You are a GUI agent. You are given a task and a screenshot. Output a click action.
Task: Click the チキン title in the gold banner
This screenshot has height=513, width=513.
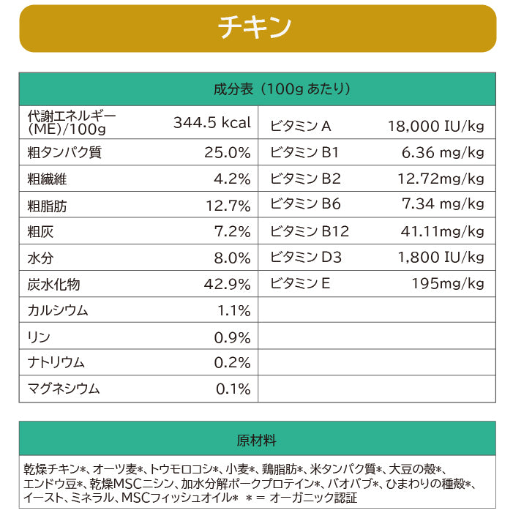click(x=255, y=28)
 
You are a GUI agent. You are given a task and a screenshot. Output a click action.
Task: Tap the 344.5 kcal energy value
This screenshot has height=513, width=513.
click(x=211, y=123)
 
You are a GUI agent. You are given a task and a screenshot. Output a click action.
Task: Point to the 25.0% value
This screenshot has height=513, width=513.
click(x=228, y=153)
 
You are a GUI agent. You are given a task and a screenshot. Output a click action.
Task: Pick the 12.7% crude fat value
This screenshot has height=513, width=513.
click(x=228, y=206)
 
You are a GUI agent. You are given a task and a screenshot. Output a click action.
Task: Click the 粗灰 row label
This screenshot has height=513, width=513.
click(x=40, y=232)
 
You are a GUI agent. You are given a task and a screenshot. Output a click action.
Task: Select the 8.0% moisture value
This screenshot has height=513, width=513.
click(x=232, y=258)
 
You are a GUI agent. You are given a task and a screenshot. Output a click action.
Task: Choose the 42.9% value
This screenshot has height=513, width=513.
click(x=228, y=285)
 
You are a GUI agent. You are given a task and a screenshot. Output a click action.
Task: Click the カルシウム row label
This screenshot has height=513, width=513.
click(x=58, y=310)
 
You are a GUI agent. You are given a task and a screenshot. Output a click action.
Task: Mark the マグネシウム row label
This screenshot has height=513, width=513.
click(x=64, y=389)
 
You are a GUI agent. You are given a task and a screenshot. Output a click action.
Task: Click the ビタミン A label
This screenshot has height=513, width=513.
click(x=301, y=126)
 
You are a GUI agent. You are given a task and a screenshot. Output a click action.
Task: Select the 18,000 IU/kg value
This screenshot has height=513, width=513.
click(x=435, y=126)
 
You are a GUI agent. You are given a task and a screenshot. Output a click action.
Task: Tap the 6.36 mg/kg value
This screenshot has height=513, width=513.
click(x=443, y=153)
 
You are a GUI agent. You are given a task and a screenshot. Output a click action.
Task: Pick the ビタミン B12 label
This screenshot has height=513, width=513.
click(x=310, y=231)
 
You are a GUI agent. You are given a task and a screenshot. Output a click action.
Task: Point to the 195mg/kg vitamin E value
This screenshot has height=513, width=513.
click(x=447, y=283)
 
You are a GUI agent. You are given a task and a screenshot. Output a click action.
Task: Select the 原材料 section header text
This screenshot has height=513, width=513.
click(x=257, y=441)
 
